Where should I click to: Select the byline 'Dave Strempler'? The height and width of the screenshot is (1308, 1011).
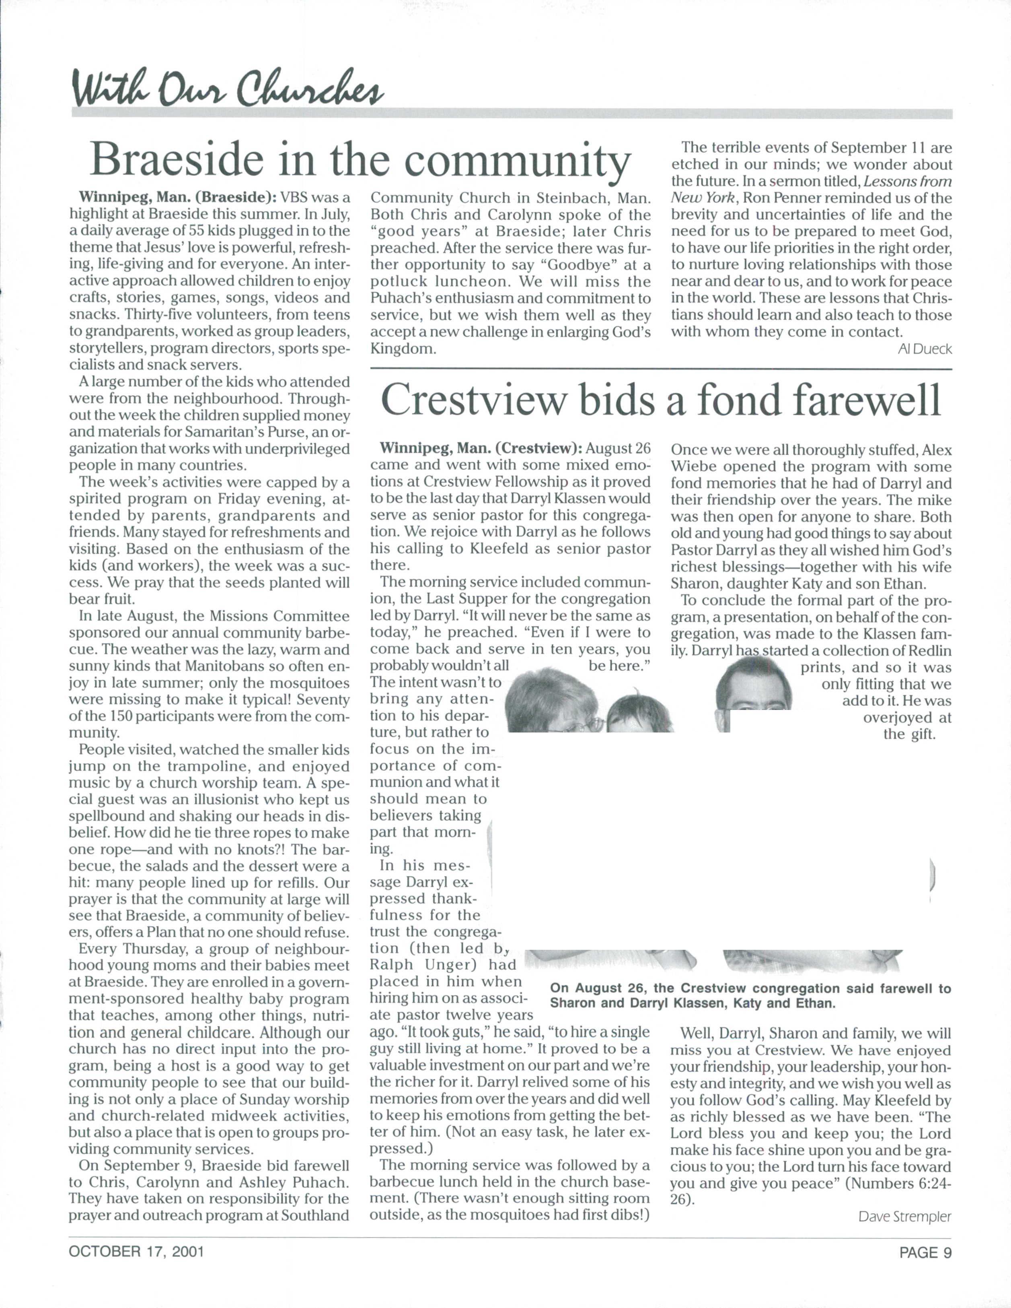tap(904, 1216)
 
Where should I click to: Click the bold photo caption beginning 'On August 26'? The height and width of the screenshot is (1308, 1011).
tap(750, 995)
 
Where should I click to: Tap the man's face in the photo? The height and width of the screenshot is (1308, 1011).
tap(754, 689)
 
